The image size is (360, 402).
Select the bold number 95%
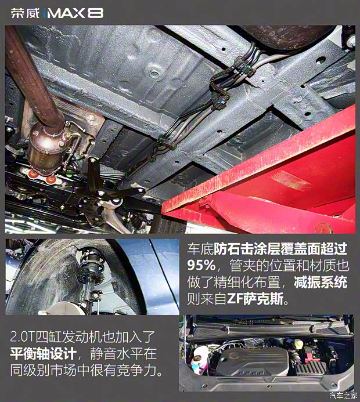pos(201,266)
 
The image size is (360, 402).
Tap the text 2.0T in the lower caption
pos(25,336)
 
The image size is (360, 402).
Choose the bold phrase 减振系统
pos(327,284)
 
